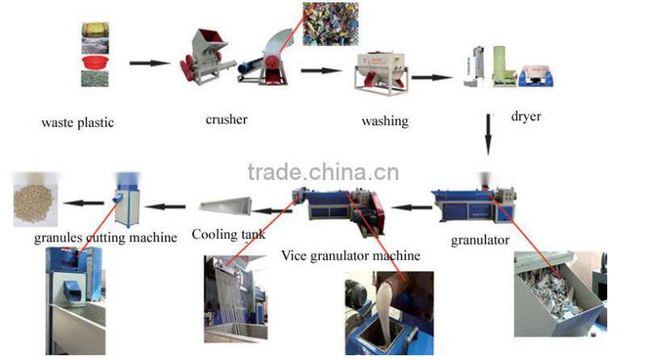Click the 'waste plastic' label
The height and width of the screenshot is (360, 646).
point(78,123)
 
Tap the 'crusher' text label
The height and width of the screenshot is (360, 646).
point(226,120)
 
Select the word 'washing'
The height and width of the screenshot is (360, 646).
point(384,122)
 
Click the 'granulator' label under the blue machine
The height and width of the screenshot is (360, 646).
point(480,240)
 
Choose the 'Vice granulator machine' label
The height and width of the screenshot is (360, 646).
point(350,256)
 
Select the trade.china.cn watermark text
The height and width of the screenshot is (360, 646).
point(323,172)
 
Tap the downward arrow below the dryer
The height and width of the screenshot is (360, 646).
point(488,134)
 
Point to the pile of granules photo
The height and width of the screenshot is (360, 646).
point(37,199)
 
